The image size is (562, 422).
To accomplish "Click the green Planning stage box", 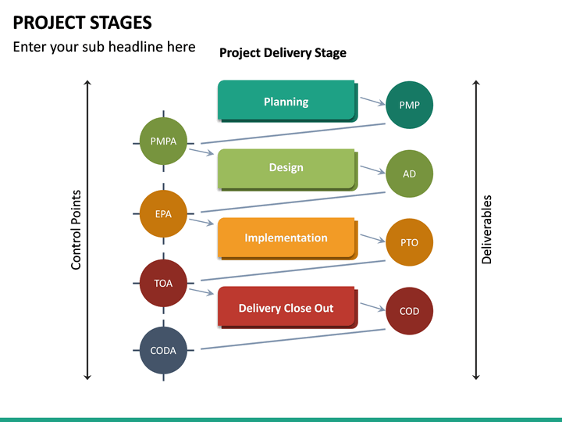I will (286, 101).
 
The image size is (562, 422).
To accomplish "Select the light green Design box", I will (286, 168).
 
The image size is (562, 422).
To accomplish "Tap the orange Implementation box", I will (286, 238).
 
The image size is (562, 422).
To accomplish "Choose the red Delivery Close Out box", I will (286, 307).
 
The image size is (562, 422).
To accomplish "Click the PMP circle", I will (409, 105).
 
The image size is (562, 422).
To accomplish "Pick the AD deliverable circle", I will (409, 173).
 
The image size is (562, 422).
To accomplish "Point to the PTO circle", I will (409, 242).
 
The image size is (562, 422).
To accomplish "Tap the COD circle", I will (409, 311).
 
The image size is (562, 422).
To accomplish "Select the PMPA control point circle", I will (163, 141).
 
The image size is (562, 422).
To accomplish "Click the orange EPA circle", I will (163, 213).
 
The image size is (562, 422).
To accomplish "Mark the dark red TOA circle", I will (163, 283).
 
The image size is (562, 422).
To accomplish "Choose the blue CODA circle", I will (163, 350).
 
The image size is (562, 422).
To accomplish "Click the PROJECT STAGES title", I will (83, 22).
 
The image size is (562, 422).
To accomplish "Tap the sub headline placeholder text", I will (104, 47).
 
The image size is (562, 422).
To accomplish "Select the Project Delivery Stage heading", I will (283, 53).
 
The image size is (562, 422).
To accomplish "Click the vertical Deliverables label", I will (487, 230).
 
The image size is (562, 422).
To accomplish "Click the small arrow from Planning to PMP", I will (372, 102).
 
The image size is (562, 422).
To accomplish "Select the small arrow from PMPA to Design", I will (201, 151).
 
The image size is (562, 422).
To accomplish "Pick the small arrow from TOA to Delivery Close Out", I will (201, 291).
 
